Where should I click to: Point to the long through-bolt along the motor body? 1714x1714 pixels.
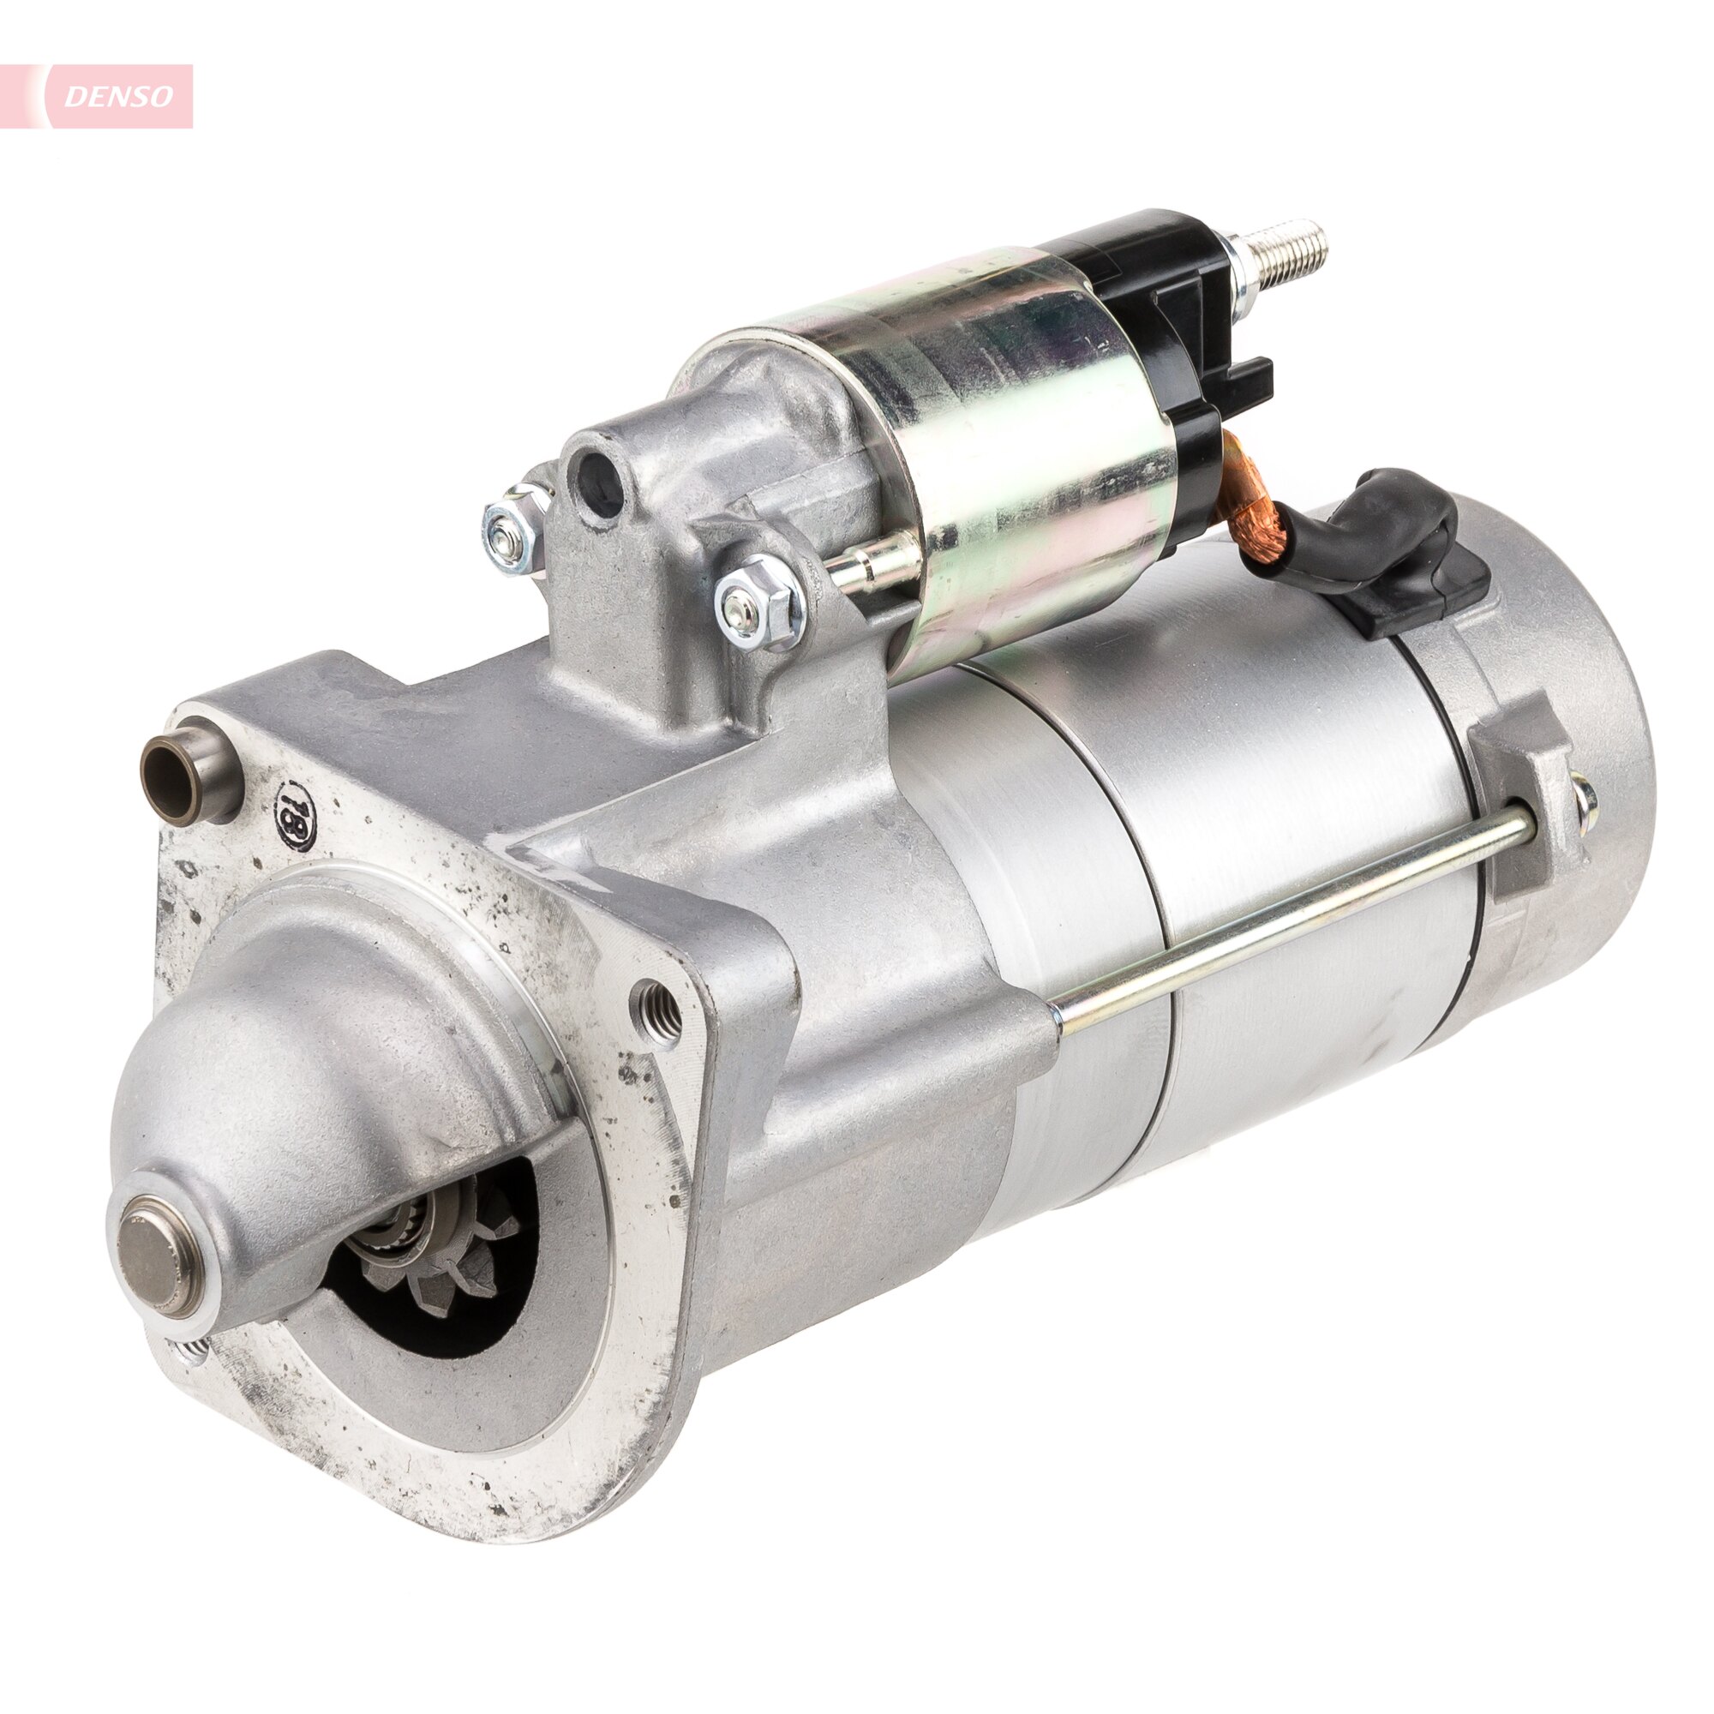click(x=1286, y=918)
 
